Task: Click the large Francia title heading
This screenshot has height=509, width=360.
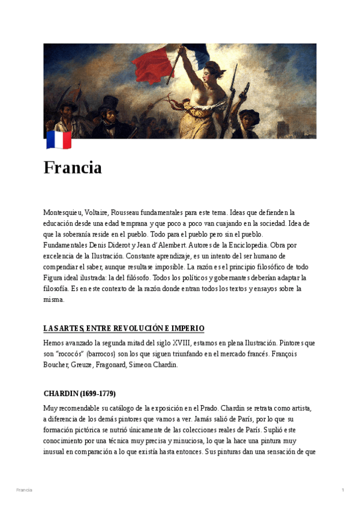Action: [x=73, y=167]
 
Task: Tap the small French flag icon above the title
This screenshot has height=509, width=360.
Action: [x=59, y=140]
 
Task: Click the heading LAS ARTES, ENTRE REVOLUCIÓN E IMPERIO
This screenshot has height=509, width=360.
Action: [x=124, y=328]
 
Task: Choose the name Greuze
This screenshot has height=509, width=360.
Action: [x=95, y=364]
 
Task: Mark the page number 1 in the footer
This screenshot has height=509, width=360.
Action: [x=343, y=490]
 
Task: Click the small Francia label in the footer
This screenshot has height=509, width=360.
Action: [x=25, y=490]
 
